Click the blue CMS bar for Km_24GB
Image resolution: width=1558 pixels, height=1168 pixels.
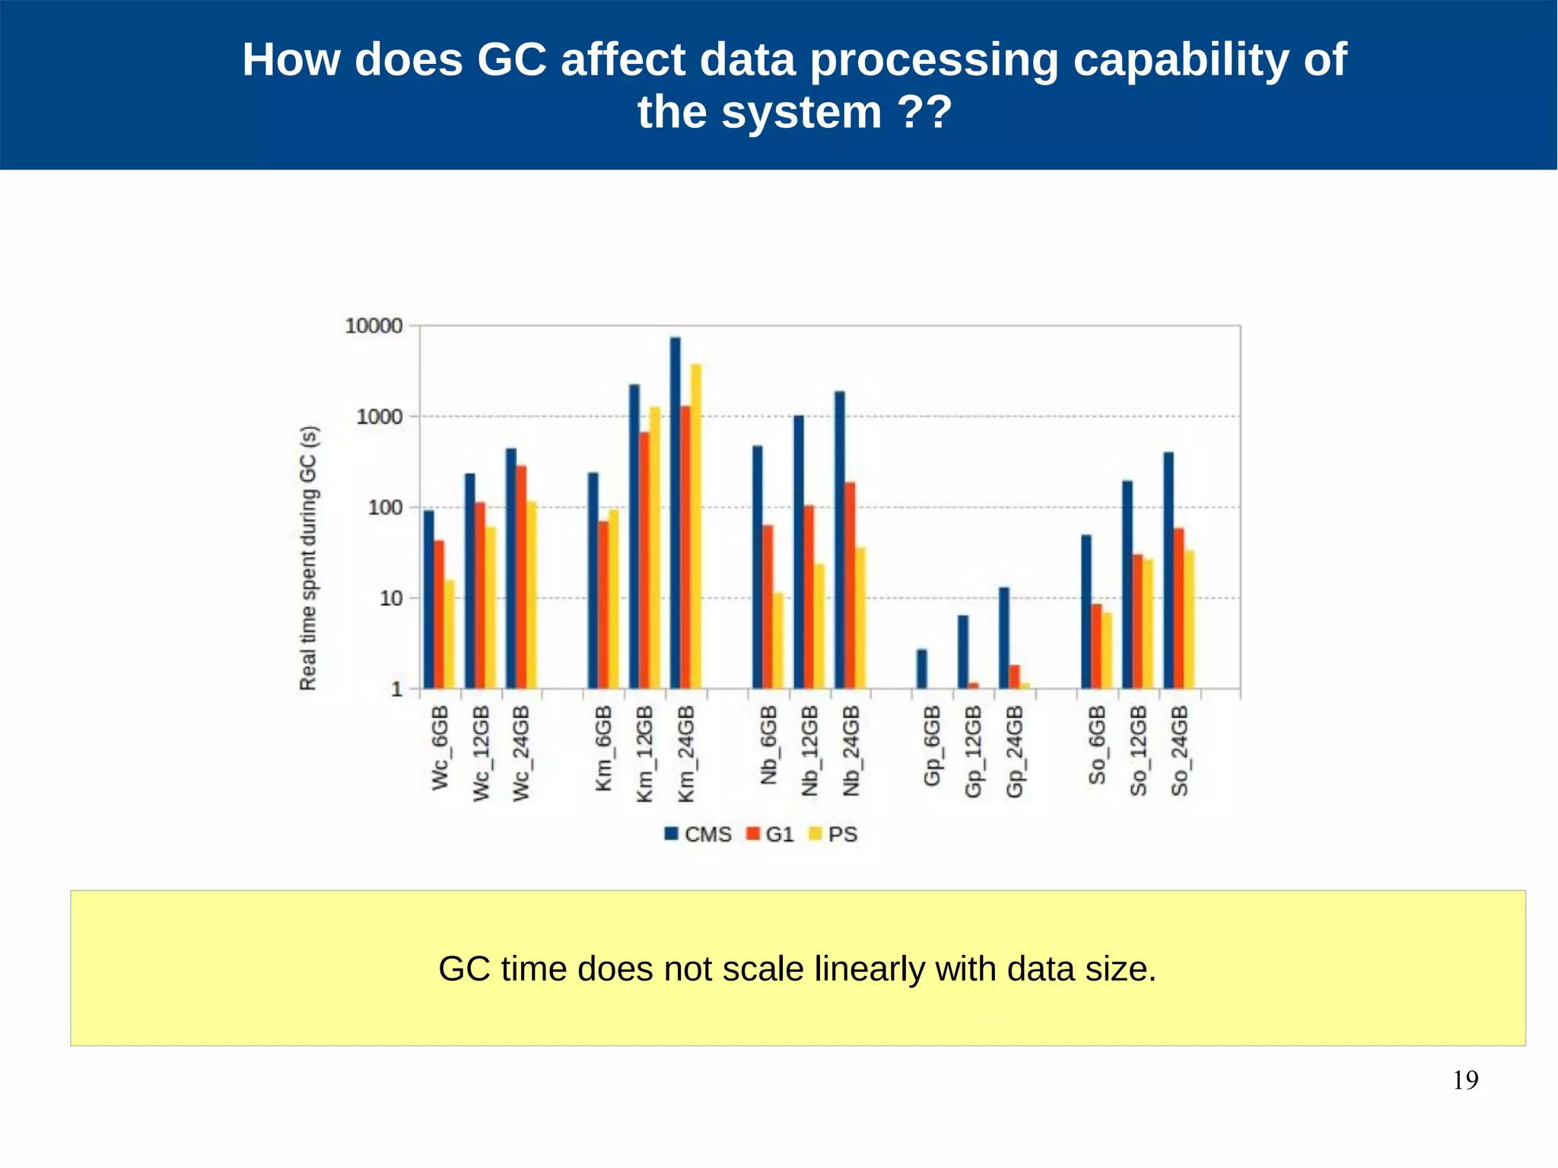[x=675, y=514]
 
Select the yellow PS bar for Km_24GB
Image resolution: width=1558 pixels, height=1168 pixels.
[x=695, y=527]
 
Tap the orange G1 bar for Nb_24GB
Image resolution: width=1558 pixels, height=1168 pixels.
[x=850, y=585]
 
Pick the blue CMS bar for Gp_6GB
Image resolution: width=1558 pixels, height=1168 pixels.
[x=921, y=669]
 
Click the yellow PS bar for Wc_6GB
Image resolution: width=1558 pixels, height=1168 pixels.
[x=449, y=635]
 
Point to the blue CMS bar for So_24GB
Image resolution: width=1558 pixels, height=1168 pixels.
[x=1168, y=571]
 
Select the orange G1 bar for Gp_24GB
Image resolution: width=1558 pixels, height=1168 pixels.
[x=1014, y=676]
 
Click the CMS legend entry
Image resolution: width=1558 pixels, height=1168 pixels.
[x=698, y=834]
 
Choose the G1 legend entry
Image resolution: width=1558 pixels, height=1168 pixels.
[x=770, y=834]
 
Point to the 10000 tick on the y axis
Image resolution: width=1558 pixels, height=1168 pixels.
[x=374, y=326]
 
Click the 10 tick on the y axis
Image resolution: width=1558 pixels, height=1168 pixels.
[x=390, y=598]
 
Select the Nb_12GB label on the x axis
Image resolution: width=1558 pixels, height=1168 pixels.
[x=809, y=750]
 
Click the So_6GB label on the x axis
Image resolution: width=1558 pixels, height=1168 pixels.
[x=1096, y=745]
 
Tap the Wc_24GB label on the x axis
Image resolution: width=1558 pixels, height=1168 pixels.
[x=521, y=753]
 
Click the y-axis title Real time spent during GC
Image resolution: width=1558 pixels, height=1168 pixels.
[x=308, y=558]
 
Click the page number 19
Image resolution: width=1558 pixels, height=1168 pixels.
[x=1464, y=1080]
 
